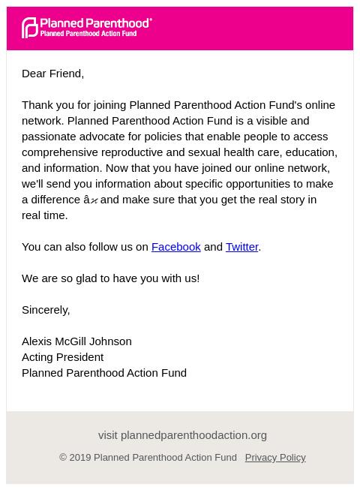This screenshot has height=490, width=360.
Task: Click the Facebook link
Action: coord(175,246)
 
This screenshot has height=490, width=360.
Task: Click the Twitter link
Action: coord(241,246)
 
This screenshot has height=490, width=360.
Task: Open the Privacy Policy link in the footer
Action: coord(274,457)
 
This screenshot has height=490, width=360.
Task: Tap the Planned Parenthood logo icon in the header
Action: coord(29,28)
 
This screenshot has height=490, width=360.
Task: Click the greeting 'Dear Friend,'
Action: coord(52,73)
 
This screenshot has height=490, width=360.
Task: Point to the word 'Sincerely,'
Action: coord(46,309)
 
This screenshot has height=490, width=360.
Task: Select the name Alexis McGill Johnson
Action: coord(76,341)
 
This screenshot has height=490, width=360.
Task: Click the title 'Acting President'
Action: coord(62,356)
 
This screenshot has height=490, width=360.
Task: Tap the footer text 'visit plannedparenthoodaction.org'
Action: coord(182,434)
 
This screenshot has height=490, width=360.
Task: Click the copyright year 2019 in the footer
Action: coord(80,457)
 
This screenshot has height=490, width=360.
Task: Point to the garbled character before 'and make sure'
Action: coord(91,200)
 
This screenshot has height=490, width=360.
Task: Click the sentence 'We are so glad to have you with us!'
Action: coord(110,278)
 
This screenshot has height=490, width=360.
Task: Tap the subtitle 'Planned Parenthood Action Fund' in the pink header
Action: coord(88,34)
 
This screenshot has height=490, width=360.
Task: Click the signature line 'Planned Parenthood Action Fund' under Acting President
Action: coord(104,372)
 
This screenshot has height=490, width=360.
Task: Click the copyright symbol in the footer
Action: coord(63,457)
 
